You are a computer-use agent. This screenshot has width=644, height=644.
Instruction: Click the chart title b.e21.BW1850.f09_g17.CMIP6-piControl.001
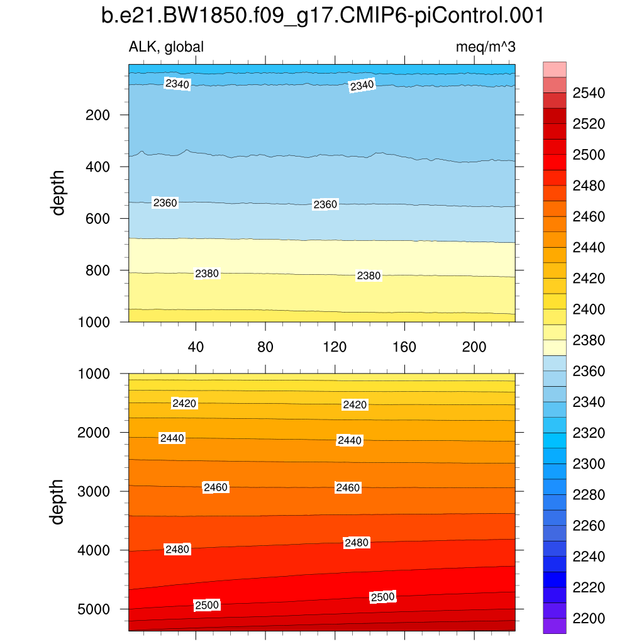tap(322, 16)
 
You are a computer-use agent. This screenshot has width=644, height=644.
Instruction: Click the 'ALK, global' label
tap(166, 47)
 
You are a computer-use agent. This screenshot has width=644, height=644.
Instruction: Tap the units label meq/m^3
tap(486, 47)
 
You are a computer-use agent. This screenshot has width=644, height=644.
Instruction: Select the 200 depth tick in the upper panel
tap(97, 115)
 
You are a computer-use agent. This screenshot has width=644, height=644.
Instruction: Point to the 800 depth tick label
tap(97, 270)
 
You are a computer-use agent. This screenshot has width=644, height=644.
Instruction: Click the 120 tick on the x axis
tap(335, 347)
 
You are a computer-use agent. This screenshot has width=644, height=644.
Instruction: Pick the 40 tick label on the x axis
tap(196, 347)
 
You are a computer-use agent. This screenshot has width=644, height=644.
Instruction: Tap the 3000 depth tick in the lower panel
tap(94, 491)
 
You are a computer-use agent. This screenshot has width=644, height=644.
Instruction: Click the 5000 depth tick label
tap(94, 609)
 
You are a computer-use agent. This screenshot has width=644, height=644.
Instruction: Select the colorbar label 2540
tap(589, 94)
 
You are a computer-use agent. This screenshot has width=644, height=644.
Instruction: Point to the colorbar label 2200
tap(589, 618)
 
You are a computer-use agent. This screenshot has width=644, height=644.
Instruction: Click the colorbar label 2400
tap(589, 309)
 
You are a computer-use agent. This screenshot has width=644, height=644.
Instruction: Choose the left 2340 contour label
tap(177, 84)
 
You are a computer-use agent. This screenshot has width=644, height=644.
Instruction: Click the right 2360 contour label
tap(325, 204)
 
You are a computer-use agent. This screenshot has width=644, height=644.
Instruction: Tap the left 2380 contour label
tap(207, 274)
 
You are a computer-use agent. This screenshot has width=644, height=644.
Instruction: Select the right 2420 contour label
tap(355, 404)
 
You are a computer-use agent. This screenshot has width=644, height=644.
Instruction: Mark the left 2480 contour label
tap(177, 550)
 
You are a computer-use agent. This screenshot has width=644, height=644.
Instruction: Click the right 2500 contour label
tap(382, 597)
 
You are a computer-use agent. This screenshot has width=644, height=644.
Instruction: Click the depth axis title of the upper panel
tap(58, 192)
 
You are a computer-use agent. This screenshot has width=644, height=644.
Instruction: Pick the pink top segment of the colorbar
tap(554, 69)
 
